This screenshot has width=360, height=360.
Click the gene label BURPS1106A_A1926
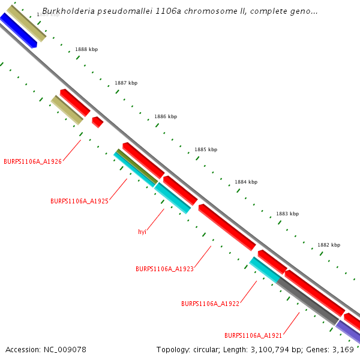point(32,161)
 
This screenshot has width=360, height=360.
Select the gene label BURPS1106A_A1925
point(79,202)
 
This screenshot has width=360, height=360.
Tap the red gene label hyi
point(142,232)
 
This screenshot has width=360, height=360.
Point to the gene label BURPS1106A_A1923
point(164,269)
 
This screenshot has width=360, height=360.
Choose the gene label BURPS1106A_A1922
point(210,304)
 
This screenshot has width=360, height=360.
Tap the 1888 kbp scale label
point(86,49)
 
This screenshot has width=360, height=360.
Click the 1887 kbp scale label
point(126,83)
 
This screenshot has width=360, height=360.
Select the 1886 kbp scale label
point(166,116)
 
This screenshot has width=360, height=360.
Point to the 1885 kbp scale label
point(206,149)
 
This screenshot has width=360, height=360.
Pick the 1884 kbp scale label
point(246,182)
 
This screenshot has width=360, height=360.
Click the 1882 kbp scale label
point(329,245)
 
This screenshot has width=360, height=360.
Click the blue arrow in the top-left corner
point(18,30)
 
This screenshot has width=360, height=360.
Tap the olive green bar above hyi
point(137,167)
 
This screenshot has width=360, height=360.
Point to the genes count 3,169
point(343,349)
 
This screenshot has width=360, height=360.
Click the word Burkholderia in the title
point(66,11)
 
